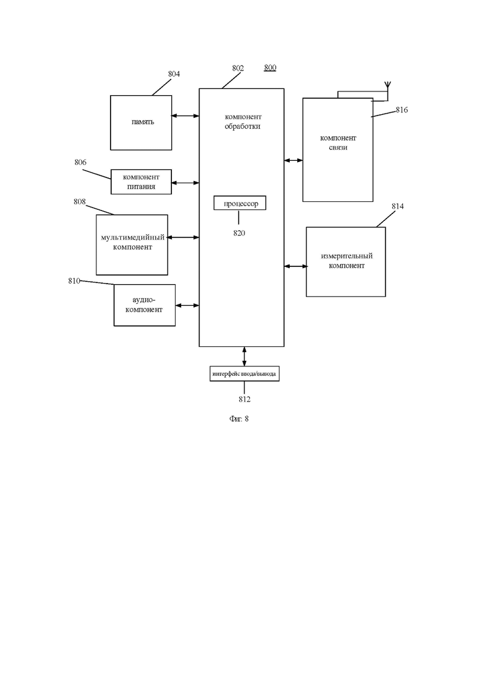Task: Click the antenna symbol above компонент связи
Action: [x=387, y=85]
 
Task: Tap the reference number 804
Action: [x=174, y=74]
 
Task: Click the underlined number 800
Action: [x=270, y=68]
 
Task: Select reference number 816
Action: [x=402, y=110]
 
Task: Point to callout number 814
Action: [x=398, y=206]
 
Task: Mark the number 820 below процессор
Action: [x=239, y=233]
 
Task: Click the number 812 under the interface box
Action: [x=244, y=400]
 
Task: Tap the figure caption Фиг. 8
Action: [x=239, y=419]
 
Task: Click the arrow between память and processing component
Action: [x=185, y=116]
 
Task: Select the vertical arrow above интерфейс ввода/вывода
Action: [x=244, y=356]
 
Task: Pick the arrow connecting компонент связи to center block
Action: [x=294, y=161]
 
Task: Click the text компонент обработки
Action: [x=243, y=122]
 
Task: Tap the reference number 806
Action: [x=80, y=162]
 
